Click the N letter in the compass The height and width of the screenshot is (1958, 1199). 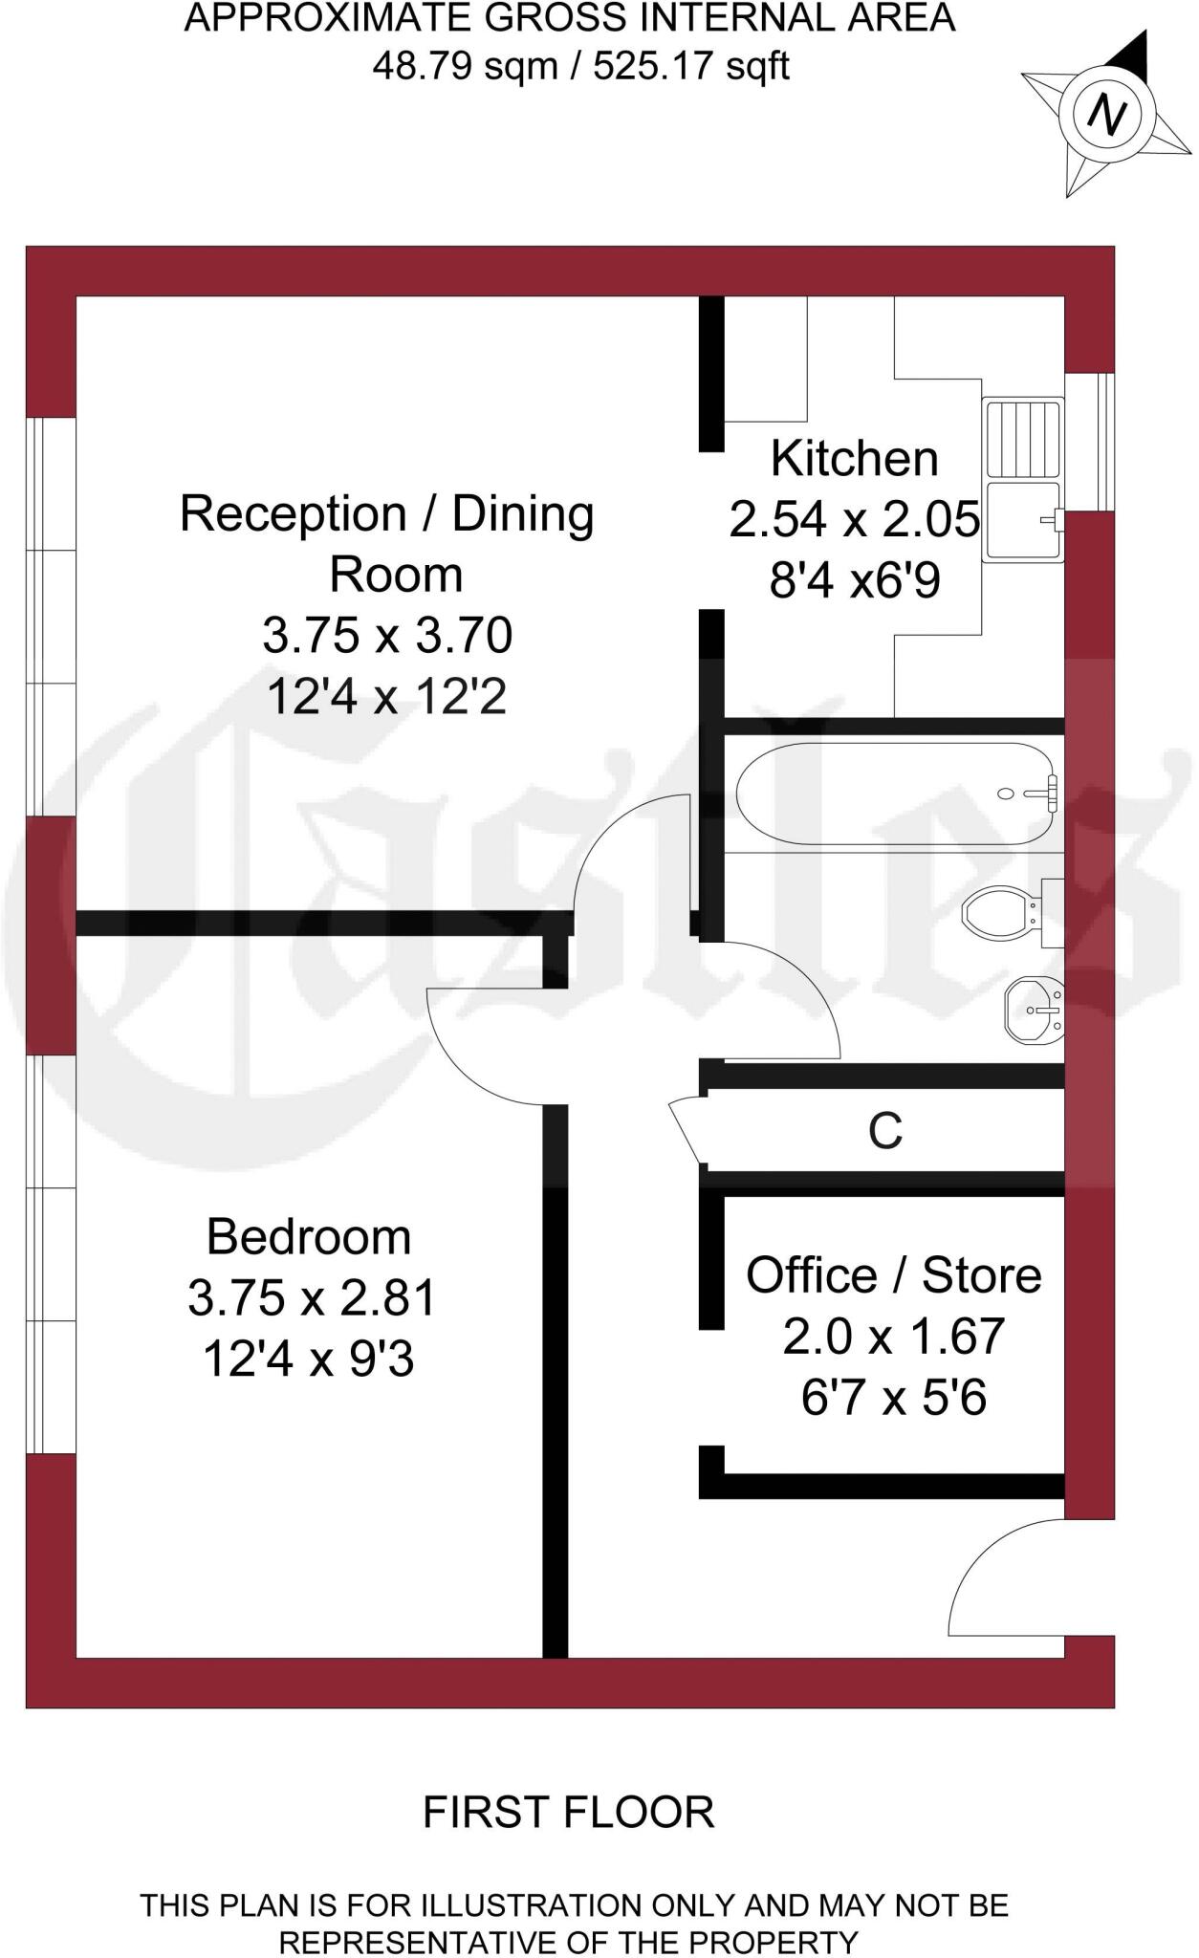click(x=1107, y=116)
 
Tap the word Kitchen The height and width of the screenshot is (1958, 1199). click(x=854, y=458)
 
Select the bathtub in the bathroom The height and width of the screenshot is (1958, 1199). click(x=894, y=794)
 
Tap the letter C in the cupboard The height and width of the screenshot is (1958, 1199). click(x=884, y=1131)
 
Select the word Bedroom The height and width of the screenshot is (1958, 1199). click(x=309, y=1236)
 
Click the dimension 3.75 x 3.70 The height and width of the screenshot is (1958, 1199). click(x=387, y=635)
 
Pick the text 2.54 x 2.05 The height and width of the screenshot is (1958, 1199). click(x=854, y=519)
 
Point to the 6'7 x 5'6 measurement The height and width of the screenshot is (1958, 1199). click(x=893, y=1398)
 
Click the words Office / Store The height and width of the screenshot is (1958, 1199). click(x=893, y=1274)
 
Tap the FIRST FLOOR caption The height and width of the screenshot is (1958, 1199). click(x=569, y=1813)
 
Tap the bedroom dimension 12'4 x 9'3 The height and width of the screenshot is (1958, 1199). click(x=309, y=1359)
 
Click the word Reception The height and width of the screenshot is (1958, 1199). click(x=292, y=513)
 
